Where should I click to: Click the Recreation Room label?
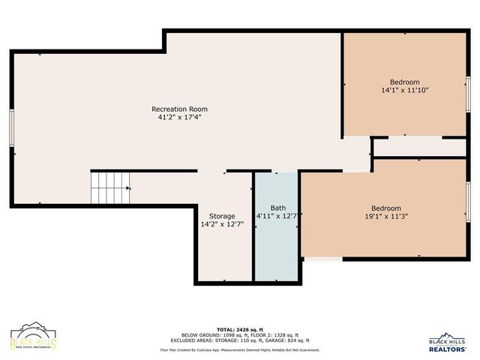point(179,109)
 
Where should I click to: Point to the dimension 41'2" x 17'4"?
point(179,117)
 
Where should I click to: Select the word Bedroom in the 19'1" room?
point(386,208)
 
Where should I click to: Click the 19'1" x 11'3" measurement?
point(386,217)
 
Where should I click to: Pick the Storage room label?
point(222,216)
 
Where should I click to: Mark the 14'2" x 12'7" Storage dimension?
point(222,224)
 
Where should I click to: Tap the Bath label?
point(277,208)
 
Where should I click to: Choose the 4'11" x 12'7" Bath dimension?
point(277,217)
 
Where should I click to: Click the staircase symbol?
point(110,187)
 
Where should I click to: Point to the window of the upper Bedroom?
point(468,93)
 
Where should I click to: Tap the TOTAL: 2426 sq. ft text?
point(240,329)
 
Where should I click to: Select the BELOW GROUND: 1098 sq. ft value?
point(207,334)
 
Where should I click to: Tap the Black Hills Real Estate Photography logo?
point(33,337)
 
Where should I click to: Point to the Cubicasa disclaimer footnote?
point(240,349)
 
